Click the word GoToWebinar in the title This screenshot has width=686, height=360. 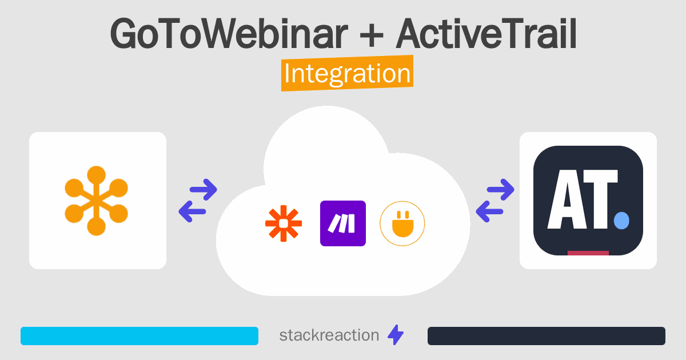229,33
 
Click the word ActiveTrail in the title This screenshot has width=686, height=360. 486,33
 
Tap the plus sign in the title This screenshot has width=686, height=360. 372,35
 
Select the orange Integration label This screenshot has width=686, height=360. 348,73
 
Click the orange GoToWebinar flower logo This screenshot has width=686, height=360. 97,201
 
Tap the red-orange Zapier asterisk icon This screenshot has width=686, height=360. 284,223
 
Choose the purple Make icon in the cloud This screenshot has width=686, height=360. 342,223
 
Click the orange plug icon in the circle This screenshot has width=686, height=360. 402,224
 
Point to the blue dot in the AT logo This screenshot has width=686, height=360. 622,221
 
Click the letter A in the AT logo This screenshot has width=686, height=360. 565,199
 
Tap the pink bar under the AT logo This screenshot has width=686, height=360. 588,253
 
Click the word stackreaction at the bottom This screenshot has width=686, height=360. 329,335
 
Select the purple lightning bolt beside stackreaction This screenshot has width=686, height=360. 396,335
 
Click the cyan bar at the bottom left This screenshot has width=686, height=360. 139,336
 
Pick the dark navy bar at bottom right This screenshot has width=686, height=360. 547,336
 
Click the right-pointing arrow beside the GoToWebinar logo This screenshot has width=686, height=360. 204,190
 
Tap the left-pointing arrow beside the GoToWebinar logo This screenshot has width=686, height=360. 192,211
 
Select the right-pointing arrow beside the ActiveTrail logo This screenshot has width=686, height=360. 501,190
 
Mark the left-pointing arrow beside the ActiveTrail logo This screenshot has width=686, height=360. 489,211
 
